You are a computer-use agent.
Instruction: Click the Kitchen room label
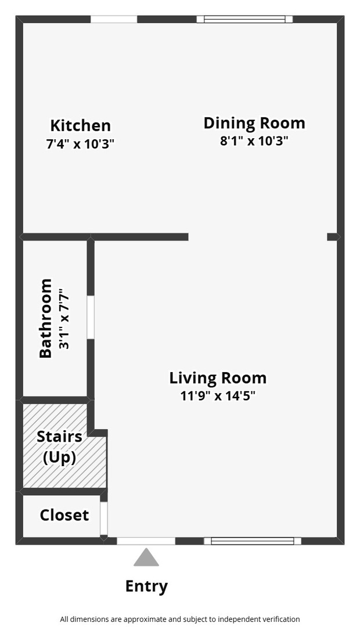pyautogui.click(x=80, y=125)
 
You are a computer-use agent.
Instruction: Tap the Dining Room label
pyautogui.click(x=254, y=123)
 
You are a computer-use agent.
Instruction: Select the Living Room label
pyautogui.click(x=218, y=378)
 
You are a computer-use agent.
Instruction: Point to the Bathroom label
pyautogui.click(x=46, y=318)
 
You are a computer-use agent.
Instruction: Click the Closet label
pyautogui.click(x=64, y=514)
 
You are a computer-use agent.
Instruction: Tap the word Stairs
pyautogui.click(x=60, y=436)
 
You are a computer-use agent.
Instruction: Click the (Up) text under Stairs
pyautogui.click(x=60, y=457)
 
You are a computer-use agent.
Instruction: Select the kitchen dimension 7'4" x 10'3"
pyautogui.click(x=80, y=143)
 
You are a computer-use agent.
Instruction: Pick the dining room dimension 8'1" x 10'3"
pyautogui.click(x=254, y=140)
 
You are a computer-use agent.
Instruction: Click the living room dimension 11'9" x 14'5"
pyautogui.click(x=218, y=396)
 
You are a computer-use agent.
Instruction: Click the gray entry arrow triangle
pyautogui.click(x=146, y=557)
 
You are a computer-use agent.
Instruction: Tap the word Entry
pyautogui.click(x=146, y=586)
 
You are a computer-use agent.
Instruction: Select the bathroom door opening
pyautogui.click(x=91, y=318)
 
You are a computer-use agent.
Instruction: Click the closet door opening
pyautogui.click(x=103, y=518)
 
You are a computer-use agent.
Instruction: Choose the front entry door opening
pyautogui.click(x=146, y=541)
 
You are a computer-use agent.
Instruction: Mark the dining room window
pyautogui.click(x=245, y=19)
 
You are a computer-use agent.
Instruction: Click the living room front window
pyautogui.click(x=253, y=541)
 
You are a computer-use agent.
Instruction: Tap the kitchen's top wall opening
pyautogui.click(x=114, y=19)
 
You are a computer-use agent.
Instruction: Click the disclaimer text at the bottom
pyautogui.click(x=180, y=619)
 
